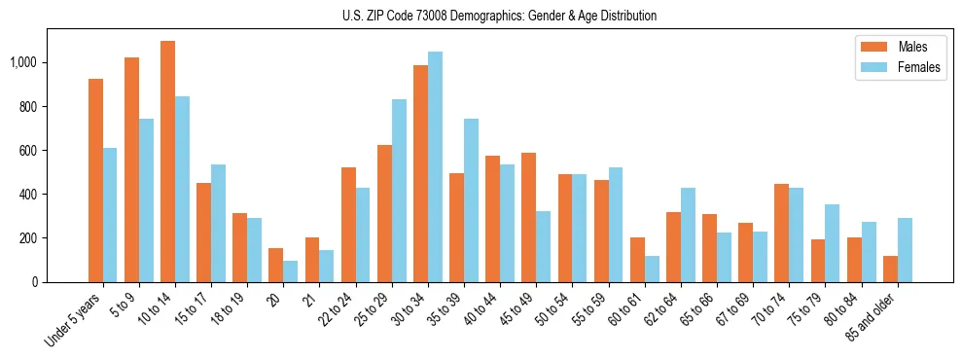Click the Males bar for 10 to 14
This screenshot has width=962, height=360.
[167, 162]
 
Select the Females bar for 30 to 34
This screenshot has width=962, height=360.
[435, 166]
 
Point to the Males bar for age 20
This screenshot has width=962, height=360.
[276, 265]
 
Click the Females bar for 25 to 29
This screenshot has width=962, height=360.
[399, 191]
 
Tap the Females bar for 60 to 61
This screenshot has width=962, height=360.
[652, 269]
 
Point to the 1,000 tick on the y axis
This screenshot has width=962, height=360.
[23, 63]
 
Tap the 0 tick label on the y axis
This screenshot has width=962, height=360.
[35, 282]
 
